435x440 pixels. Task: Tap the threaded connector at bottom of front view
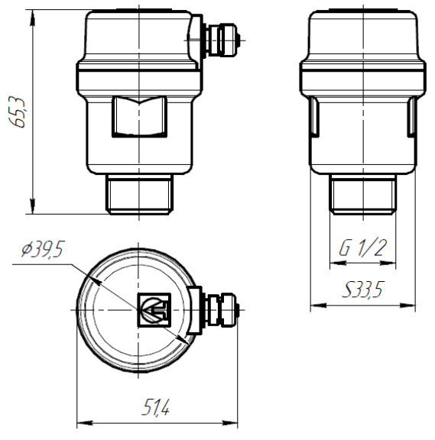139,195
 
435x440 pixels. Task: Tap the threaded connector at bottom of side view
362,195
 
